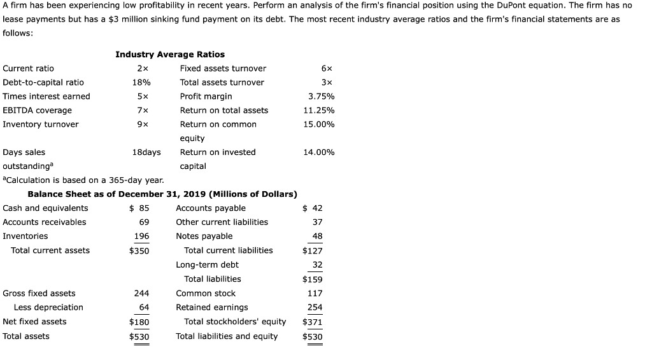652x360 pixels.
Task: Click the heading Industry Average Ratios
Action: point(169,54)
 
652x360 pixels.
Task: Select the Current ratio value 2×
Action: point(142,68)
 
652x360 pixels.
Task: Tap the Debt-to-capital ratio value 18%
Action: point(141,82)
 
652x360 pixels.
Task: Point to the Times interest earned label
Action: point(46,96)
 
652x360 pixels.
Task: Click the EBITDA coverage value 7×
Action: point(142,110)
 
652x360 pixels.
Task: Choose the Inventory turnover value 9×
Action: point(142,124)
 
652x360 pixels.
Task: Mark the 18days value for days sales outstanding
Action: point(146,152)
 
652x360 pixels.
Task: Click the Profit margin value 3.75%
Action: point(321,96)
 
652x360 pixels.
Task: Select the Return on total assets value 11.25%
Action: point(319,110)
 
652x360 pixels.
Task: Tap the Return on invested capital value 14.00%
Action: point(319,152)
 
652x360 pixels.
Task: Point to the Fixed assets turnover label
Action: point(223,68)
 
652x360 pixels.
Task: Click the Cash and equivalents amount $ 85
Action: point(139,208)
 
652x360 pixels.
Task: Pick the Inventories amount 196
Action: point(141,236)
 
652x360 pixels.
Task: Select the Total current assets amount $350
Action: point(139,250)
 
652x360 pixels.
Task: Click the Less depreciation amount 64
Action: point(144,307)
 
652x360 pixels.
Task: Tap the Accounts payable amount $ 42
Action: point(313,208)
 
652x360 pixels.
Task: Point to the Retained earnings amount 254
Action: point(315,307)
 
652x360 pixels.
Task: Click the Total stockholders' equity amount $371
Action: point(313,322)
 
